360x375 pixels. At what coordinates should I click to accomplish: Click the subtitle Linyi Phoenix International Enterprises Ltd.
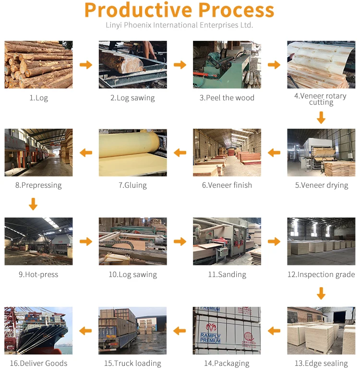[x=179, y=25]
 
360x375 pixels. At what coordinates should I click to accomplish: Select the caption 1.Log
[x=38, y=98]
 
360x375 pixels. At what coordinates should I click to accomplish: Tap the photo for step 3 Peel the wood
[x=227, y=64]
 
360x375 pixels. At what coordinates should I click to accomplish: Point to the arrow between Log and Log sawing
[x=86, y=65]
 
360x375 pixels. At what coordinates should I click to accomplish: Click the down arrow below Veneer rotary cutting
[x=321, y=117]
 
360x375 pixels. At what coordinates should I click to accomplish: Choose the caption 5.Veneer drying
[x=321, y=185]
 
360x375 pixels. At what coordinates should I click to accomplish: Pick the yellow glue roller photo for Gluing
[x=133, y=152]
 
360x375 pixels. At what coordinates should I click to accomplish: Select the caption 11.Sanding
[x=227, y=275]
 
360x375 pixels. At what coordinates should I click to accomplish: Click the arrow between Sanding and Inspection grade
[x=274, y=242]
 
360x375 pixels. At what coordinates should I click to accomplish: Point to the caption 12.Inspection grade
[x=321, y=275]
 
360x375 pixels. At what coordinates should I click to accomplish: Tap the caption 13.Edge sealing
[x=321, y=363]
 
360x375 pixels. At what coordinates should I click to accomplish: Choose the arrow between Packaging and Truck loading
[x=180, y=330]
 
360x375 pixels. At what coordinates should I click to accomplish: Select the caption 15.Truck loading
[x=133, y=363]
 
